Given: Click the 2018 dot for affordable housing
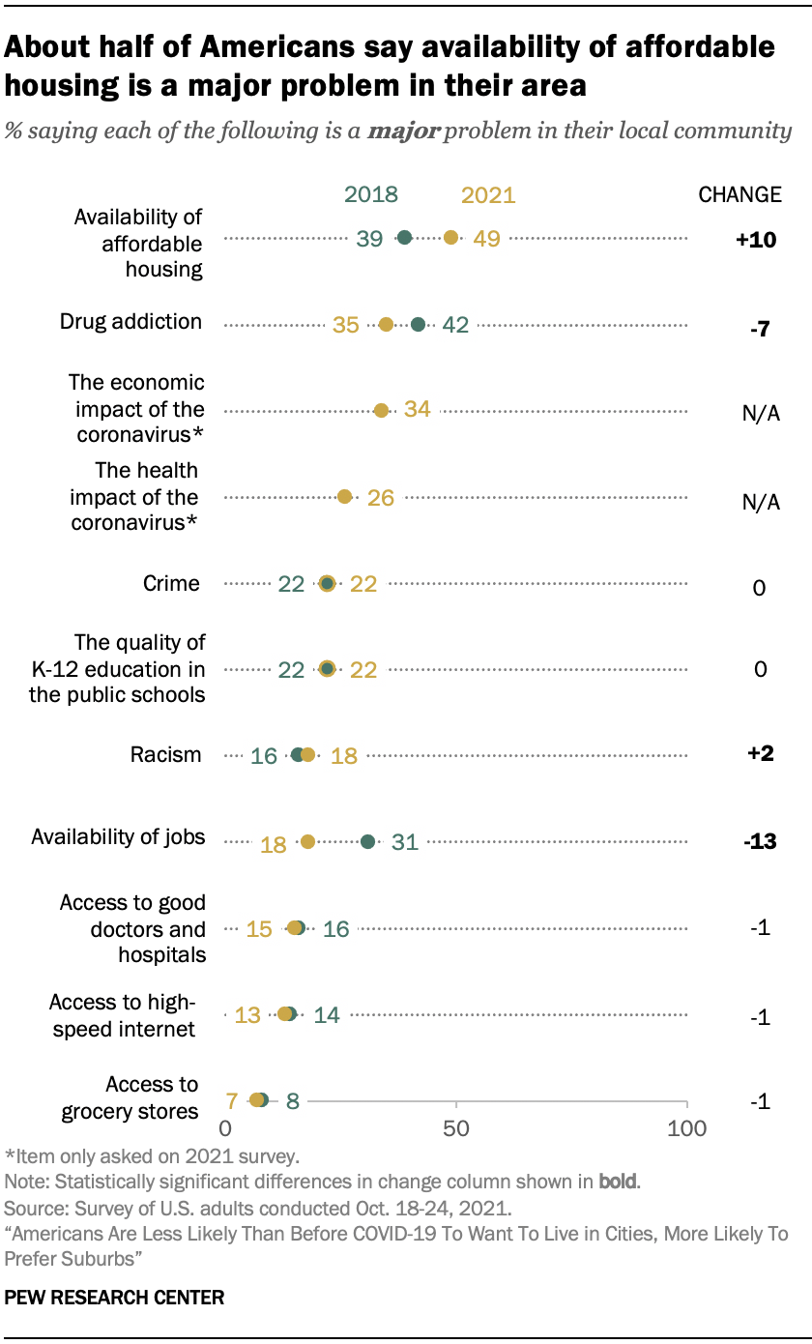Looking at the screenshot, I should (405, 238).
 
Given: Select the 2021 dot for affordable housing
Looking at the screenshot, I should (450, 238).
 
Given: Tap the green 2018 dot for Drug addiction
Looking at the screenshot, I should (418, 325).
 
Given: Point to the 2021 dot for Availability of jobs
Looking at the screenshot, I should (307, 842).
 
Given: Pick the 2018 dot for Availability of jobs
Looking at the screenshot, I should (367, 842).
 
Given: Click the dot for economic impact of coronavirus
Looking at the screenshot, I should (381, 411).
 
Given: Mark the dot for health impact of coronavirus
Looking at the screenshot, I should (344, 497).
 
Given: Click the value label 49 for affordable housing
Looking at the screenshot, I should (486, 238).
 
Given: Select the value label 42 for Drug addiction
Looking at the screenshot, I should (454, 325).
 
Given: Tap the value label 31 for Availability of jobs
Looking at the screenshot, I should (404, 842).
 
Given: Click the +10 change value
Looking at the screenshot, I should (756, 240).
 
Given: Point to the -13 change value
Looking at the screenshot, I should (761, 842).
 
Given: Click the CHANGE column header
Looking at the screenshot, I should (739, 194).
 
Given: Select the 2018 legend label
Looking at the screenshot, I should (371, 194).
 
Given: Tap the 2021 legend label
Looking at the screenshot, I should (488, 195).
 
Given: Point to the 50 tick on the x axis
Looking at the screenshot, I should (456, 1127).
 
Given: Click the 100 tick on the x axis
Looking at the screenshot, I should (687, 1127).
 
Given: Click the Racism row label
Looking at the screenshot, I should (166, 755).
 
